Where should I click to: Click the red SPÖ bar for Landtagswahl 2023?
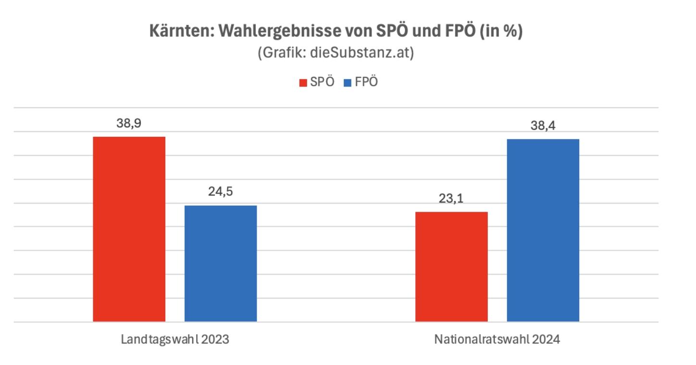click(129, 229)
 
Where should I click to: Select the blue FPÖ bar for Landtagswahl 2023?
click(221, 264)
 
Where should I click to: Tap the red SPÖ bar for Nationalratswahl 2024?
click(451, 267)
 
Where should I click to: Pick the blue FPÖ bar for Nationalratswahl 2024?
click(543, 230)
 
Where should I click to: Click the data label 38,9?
click(128, 123)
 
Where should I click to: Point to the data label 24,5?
click(221, 192)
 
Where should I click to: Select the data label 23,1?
click(451, 198)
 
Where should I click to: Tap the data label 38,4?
click(543, 126)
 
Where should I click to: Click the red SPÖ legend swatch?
click(303, 83)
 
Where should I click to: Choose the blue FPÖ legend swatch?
click(348, 83)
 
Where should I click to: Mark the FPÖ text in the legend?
click(367, 82)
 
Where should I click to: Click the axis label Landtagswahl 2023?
click(175, 340)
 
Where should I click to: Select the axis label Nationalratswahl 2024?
click(497, 340)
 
